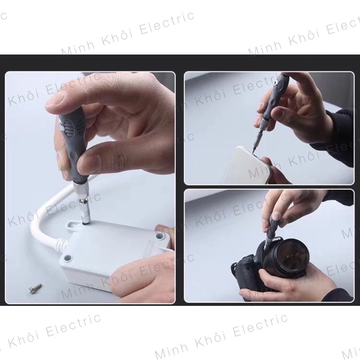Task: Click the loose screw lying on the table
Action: [x=36, y=288]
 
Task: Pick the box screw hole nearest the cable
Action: [x=67, y=257]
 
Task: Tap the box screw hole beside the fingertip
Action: [x=158, y=235]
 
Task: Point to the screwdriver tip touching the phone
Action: [x=254, y=149]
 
